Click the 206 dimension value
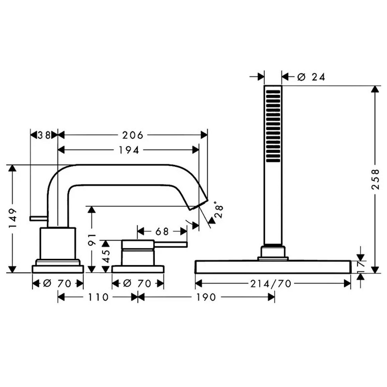coord(133,135)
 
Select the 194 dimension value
coord(129,150)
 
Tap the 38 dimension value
coord(44,135)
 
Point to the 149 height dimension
coord(13,218)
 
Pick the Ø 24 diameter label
coord(311,77)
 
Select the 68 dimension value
coord(162,232)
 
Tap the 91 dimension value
coord(92,239)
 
